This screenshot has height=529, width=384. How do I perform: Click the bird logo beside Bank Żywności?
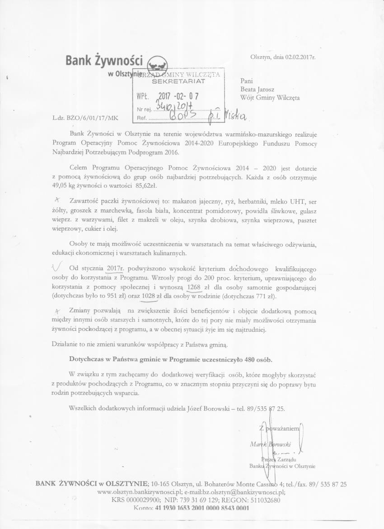coord(158,62)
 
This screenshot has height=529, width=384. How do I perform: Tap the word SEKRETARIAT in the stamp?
coord(178,81)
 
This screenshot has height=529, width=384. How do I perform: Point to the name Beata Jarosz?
coord(258,89)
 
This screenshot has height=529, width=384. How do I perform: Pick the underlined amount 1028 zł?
coord(152,296)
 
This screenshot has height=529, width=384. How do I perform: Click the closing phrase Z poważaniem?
coord(279,428)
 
